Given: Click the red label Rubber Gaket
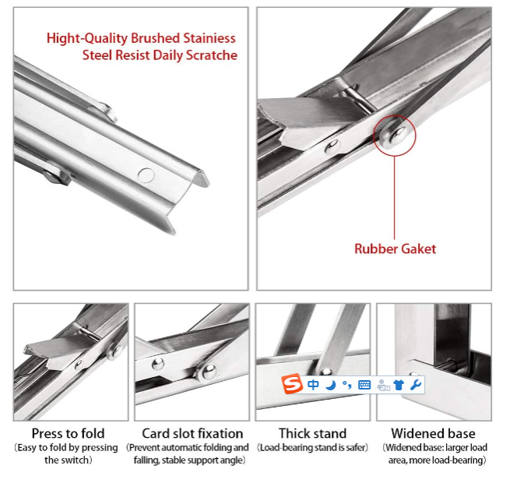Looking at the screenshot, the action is click(x=395, y=249).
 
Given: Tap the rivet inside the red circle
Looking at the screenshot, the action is click(x=395, y=136).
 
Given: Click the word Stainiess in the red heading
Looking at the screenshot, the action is click(x=209, y=38).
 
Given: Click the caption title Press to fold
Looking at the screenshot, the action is click(x=68, y=433).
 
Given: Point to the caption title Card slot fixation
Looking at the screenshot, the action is click(x=192, y=433).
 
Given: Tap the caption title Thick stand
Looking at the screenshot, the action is click(x=312, y=433).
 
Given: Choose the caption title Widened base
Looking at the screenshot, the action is click(x=433, y=433).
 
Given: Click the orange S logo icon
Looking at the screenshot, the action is click(x=292, y=384).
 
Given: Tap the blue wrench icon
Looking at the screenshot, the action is click(x=416, y=385).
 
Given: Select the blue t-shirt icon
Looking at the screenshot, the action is click(x=399, y=385).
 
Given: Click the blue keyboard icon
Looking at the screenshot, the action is click(x=364, y=385).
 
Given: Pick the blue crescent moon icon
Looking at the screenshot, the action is click(x=330, y=385).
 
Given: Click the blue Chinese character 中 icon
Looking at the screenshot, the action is click(x=313, y=385).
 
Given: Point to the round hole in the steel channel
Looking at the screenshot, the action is click(x=146, y=175).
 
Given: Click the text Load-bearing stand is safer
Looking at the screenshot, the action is click(x=312, y=448).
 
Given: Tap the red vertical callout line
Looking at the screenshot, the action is click(x=395, y=198).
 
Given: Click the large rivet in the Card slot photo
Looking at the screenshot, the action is click(x=209, y=372).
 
